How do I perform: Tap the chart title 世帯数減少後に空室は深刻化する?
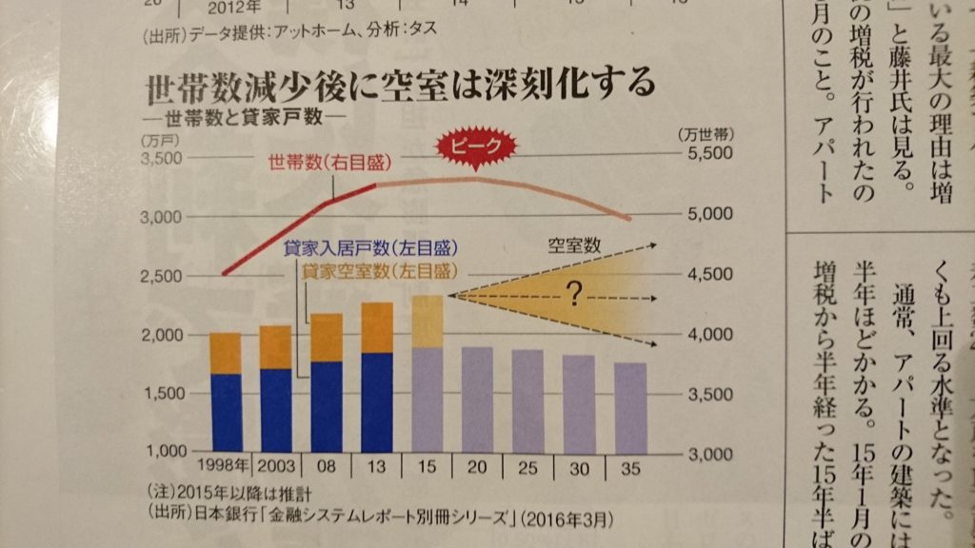(x=400, y=87)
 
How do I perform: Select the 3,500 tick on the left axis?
(x=161, y=158)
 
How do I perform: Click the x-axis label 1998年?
(x=226, y=466)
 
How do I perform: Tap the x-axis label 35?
(x=630, y=466)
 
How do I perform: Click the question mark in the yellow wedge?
(x=573, y=296)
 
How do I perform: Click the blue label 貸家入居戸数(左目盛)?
(x=366, y=249)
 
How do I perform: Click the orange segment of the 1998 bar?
(x=226, y=353)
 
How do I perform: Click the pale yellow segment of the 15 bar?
(x=428, y=322)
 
